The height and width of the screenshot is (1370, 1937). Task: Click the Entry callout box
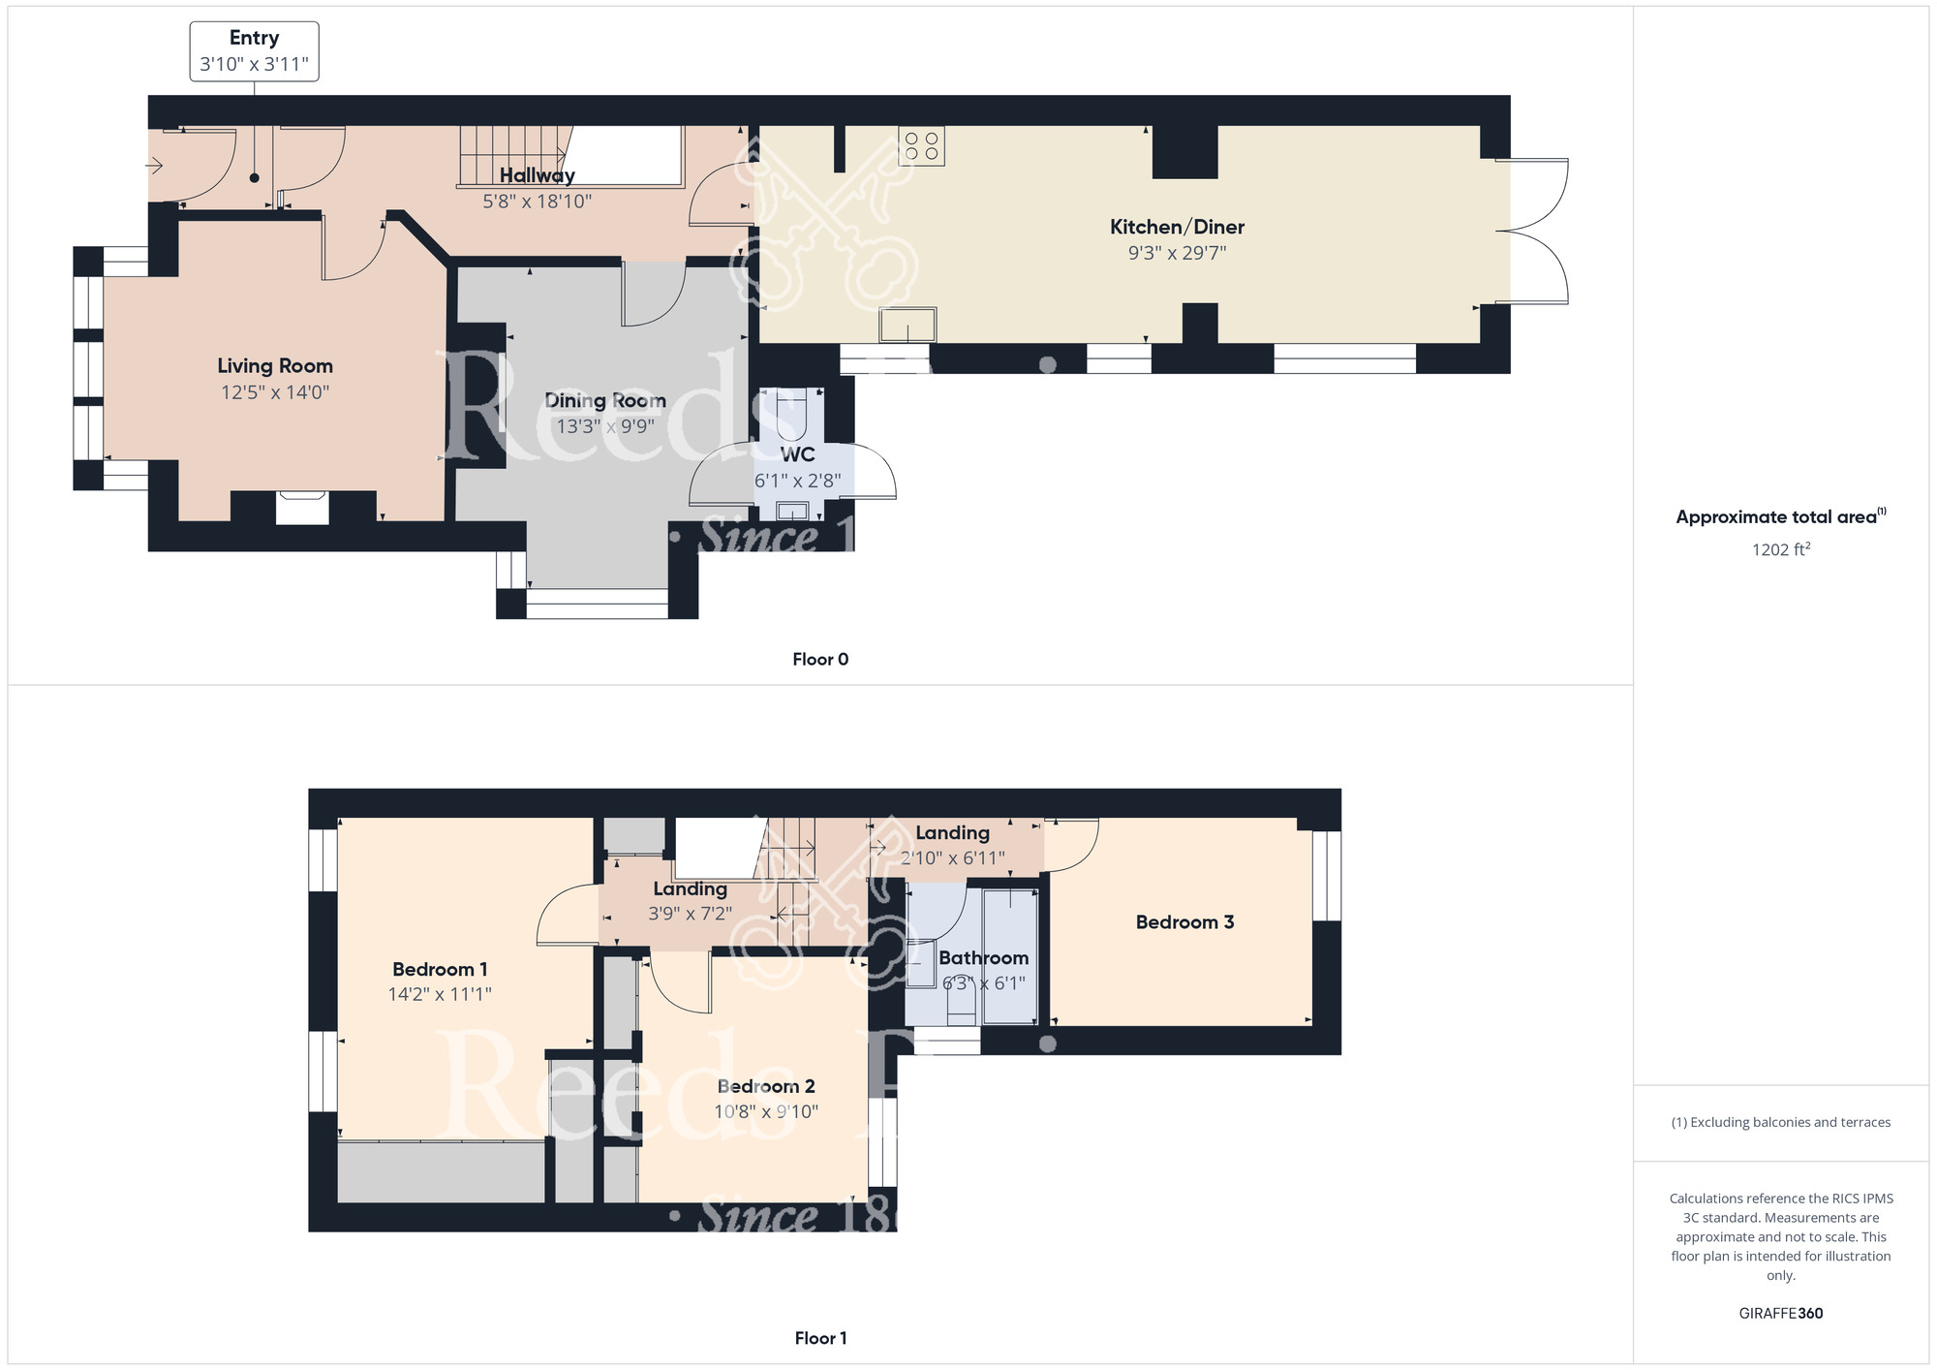coord(254,51)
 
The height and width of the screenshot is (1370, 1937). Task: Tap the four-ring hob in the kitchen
coord(921,146)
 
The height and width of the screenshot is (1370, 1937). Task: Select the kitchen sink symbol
coord(907,325)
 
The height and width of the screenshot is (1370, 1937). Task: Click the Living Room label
coord(275,366)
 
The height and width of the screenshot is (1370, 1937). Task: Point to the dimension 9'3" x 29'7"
coord(1177,253)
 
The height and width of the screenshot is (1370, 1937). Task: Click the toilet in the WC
coord(791,413)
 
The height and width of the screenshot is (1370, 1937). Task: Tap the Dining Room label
coord(605,401)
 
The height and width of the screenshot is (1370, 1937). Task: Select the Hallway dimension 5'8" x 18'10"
coord(537,202)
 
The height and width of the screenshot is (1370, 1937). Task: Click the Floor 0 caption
coord(820,660)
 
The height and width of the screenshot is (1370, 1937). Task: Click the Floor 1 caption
coord(820,1338)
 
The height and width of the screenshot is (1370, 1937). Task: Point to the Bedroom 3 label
coord(1184,922)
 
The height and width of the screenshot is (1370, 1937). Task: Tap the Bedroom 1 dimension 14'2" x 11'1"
coord(440,994)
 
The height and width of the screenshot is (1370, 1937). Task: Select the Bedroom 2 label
coord(766,1086)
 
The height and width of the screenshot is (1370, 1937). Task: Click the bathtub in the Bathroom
coord(1009,957)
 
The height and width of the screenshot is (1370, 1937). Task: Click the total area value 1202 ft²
coord(1780,549)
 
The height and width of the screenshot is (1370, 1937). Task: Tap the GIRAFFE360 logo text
coord(1780,1314)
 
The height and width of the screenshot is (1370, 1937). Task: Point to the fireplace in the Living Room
coord(302,508)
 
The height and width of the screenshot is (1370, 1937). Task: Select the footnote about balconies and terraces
coord(1780,1122)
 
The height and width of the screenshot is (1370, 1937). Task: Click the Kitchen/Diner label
coord(1177,227)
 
